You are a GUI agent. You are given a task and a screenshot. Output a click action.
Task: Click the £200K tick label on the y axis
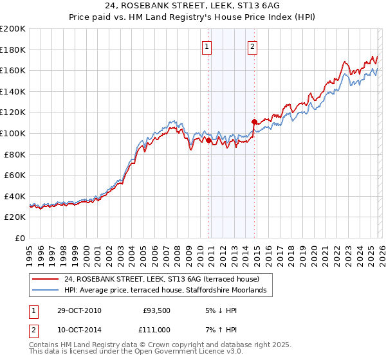tap(13, 29)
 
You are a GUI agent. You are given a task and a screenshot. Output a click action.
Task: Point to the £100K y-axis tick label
tap(13, 134)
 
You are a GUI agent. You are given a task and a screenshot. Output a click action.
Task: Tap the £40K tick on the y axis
tap(15, 196)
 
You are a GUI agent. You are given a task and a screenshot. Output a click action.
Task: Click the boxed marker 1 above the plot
tap(207, 46)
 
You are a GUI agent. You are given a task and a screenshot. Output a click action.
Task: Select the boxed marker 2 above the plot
tap(253, 46)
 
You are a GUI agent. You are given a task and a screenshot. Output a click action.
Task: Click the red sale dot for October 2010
tap(209, 140)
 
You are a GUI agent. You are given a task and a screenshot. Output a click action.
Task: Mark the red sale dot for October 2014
tap(254, 122)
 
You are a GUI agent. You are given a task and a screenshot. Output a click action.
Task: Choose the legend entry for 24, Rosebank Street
tap(161, 280)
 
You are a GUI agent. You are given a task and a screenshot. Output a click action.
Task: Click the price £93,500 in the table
tap(156, 310)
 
